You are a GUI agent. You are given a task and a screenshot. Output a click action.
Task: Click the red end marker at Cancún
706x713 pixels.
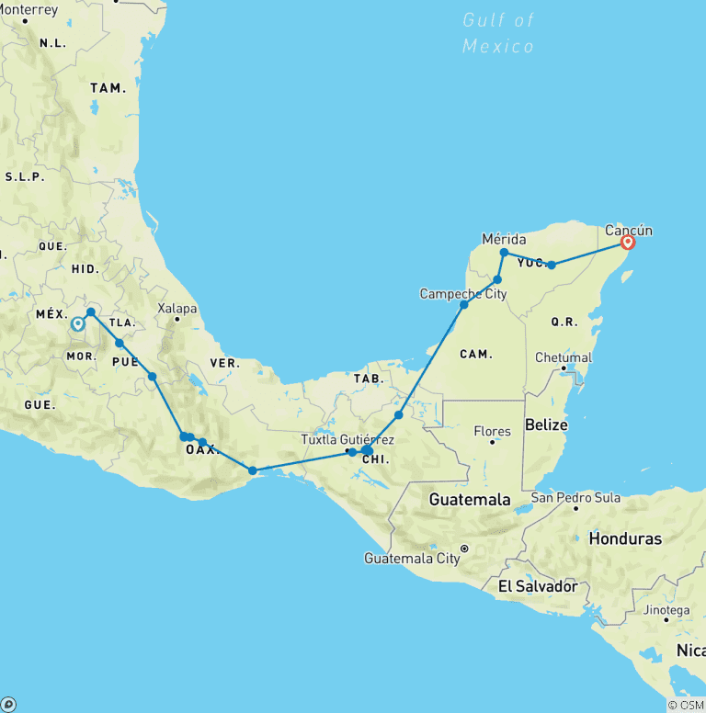click(628, 243)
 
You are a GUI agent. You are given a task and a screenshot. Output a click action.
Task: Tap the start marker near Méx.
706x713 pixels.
click(78, 323)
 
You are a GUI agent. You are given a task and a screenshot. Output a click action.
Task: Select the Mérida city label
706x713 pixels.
click(504, 239)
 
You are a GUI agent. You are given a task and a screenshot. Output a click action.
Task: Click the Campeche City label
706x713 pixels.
click(463, 294)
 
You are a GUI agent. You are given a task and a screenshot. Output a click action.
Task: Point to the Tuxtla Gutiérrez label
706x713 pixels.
click(347, 440)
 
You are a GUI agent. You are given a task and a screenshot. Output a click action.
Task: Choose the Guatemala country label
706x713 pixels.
click(469, 500)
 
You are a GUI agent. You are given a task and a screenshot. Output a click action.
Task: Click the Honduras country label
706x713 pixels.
click(625, 538)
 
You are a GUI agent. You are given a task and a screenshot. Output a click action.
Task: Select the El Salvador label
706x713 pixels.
click(538, 586)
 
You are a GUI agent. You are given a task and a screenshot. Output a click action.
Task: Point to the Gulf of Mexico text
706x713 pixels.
click(498, 33)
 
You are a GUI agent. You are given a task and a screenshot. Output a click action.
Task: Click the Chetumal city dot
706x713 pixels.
click(564, 368)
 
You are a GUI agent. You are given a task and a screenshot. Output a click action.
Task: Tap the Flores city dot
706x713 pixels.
click(493, 442)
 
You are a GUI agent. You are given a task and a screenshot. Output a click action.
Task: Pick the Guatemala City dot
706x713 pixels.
click(464, 549)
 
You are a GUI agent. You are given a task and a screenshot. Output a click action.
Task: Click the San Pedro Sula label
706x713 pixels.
click(575, 498)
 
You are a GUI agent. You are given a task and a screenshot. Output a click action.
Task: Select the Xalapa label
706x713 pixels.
click(177, 309)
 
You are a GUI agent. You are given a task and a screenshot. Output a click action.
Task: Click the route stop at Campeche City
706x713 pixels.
click(464, 304)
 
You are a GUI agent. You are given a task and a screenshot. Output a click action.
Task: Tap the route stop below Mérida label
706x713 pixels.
click(504, 253)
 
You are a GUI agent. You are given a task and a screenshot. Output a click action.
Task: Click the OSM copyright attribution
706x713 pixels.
click(686, 705)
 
